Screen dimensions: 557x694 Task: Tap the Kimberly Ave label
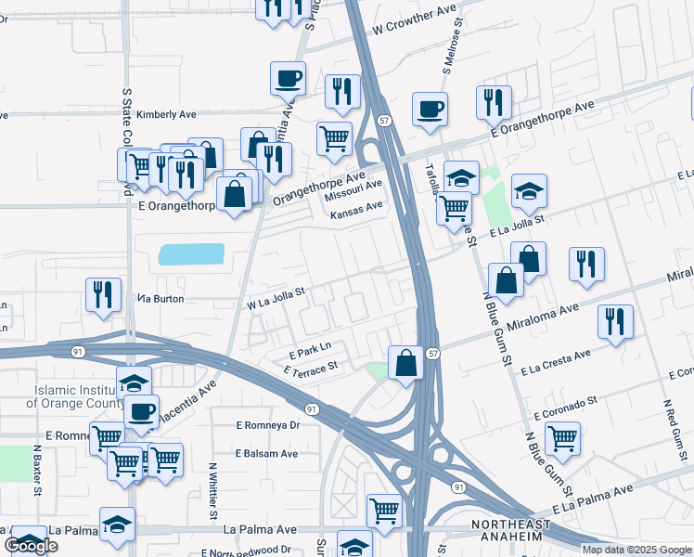tap(167, 114)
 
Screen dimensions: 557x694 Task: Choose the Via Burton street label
tap(161, 299)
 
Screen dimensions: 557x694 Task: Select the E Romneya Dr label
tap(268, 425)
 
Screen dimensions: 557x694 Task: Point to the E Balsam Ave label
tap(266, 453)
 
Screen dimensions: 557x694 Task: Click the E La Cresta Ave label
tap(557, 363)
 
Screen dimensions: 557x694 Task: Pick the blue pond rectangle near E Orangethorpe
tap(192, 254)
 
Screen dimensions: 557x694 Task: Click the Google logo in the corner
tap(31, 545)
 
